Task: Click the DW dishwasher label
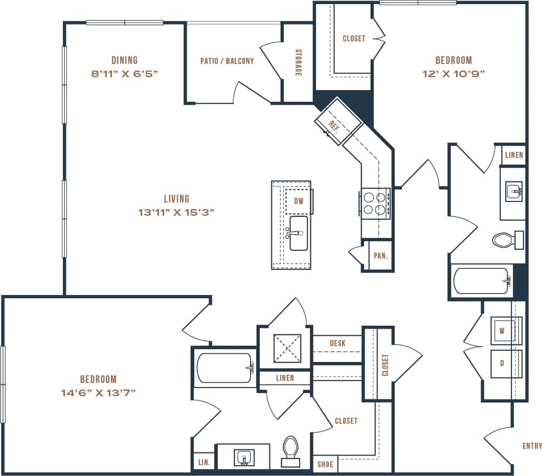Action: pyautogui.click(x=299, y=201)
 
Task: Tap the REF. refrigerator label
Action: pyautogui.click(x=334, y=126)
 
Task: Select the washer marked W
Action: pyautogui.click(x=502, y=330)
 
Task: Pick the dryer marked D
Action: pyautogui.click(x=502, y=364)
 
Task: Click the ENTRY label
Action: pyautogui.click(x=532, y=446)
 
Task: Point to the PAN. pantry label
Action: pyautogui.click(x=380, y=256)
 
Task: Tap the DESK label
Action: pyautogui.click(x=337, y=343)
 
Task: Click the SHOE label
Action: pyautogui.click(x=325, y=464)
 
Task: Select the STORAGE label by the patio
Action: pyautogui.click(x=298, y=63)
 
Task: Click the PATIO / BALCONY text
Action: pyautogui.click(x=227, y=61)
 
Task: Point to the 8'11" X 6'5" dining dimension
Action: pyautogui.click(x=124, y=73)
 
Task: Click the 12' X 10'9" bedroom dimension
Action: pyautogui.click(x=454, y=73)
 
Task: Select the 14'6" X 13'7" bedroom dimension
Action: pyautogui.click(x=98, y=393)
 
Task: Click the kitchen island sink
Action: pyautogui.click(x=299, y=233)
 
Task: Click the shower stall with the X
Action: pyautogui.click(x=287, y=348)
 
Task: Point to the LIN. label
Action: pyautogui.click(x=204, y=462)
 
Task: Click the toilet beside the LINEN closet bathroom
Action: pyautogui.click(x=505, y=239)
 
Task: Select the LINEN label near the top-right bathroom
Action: pyautogui.click(x=513, y=155)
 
